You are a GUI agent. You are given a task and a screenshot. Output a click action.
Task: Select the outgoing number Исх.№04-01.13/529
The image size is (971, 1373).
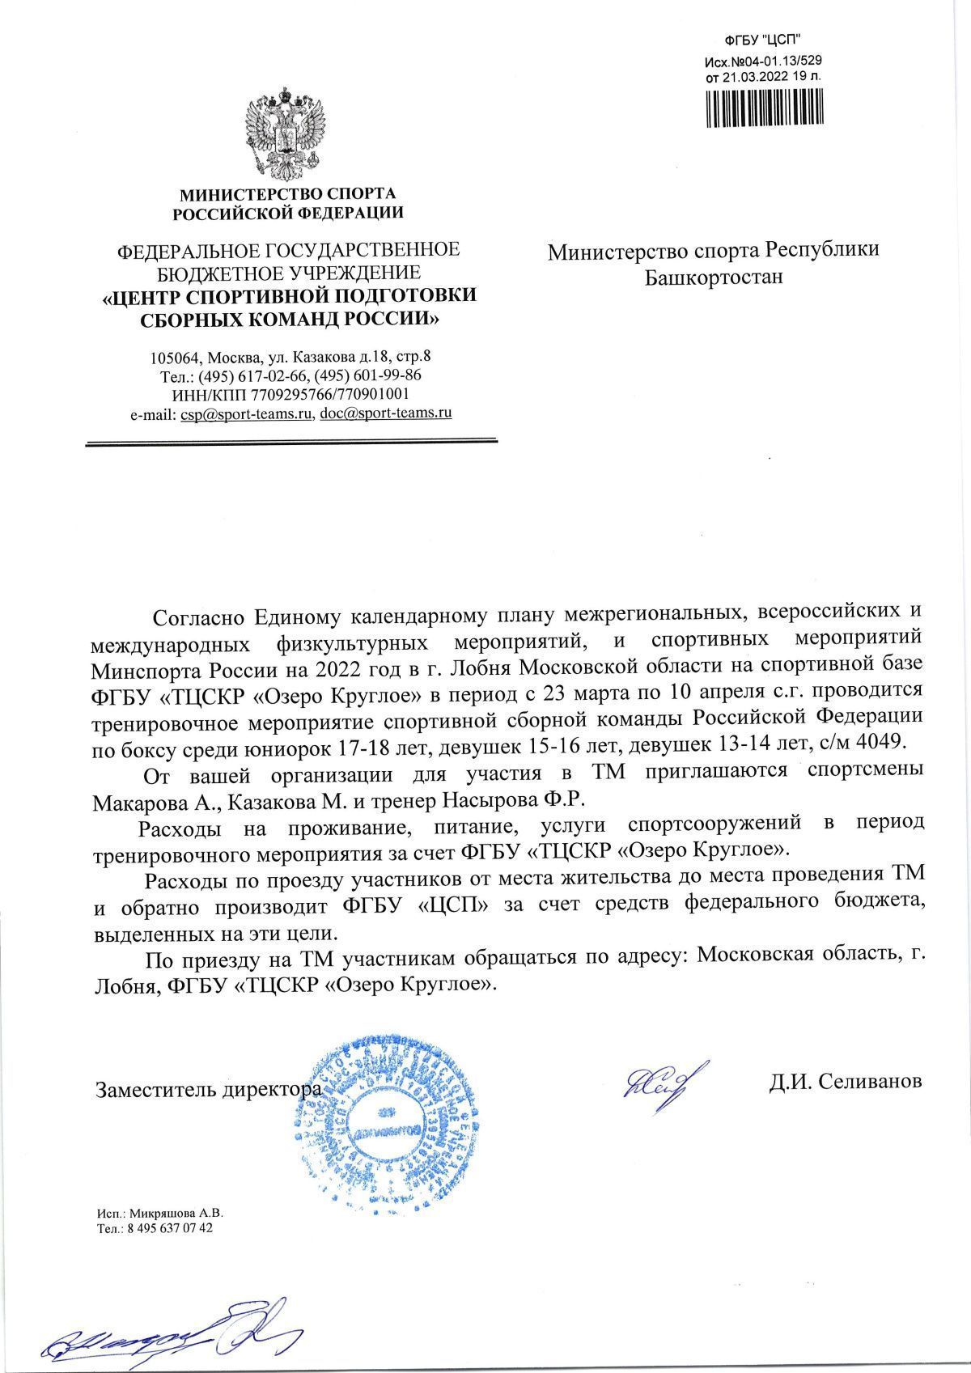point(764,61)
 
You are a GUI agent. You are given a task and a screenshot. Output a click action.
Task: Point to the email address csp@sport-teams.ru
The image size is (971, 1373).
point(247,413)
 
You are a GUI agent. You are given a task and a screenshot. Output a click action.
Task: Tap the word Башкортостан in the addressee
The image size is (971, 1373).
point(714,278)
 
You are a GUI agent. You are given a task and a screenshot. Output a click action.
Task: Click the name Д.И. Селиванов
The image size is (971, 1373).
point(845,1082)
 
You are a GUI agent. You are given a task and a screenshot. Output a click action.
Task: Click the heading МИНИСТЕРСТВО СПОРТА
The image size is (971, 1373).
point(287,194)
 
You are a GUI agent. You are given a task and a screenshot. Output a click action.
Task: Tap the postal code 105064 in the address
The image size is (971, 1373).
point(173,357)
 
